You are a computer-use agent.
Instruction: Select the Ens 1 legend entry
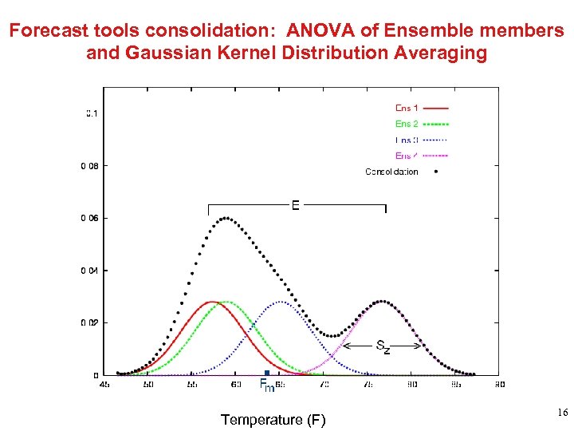tap(407, 108)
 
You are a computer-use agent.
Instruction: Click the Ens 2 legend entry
tap(407, 124)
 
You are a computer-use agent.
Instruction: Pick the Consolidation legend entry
tap(391, 172)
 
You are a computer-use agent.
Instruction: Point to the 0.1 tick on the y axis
tap(92, 113)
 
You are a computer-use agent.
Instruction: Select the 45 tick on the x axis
tap(104, 385)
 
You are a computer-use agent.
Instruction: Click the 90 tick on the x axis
tap(500, 385)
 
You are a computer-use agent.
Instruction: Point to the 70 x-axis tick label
tap(324, 385)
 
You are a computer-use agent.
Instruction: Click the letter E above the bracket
tap(296, 205)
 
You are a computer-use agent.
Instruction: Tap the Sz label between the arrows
tap(383, 346)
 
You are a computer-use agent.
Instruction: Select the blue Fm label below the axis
tap(267, 386)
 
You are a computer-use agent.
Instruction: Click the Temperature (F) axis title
tap(273, 420)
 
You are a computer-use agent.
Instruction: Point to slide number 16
tap(561, 413)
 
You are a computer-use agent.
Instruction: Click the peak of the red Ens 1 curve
tap(213, 302)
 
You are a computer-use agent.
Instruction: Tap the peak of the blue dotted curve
tap(281, 302)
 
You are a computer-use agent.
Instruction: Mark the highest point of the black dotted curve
tap(226, 217)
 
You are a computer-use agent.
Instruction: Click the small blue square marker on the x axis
tap(267, 373)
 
